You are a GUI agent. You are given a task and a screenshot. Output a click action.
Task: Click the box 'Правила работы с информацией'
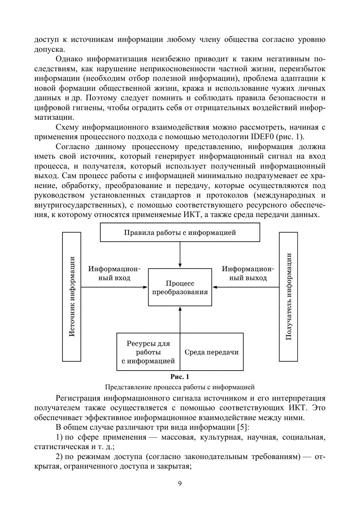[x=180, y=232]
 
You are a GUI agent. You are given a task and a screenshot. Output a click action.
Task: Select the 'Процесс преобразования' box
[x=180, y=287]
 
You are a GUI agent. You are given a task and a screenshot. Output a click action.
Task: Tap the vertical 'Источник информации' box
[x=72, y=296]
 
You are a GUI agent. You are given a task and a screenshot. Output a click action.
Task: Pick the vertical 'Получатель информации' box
[x=288, y=296]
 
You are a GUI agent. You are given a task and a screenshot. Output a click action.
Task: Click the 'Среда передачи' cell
[x=212, y=352]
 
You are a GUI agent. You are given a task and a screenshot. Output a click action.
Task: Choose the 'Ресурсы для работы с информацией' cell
[x=148, y=352]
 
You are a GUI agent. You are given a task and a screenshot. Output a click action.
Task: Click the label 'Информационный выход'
[x=248, y=274]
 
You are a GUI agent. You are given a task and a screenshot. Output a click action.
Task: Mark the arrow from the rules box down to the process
[x=180, y=255]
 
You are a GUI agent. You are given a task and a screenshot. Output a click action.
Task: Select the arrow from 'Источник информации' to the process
[x=114, y=287]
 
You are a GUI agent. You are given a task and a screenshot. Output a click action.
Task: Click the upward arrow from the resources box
[x=180, y=320]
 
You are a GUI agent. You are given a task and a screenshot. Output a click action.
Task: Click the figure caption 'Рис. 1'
[x=180, y=377]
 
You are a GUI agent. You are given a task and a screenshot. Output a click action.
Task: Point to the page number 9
[x=180, y=483]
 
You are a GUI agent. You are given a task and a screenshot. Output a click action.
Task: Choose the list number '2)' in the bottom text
[x=60, y=457]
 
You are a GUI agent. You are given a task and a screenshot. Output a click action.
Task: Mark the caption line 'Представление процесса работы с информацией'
[x=180, y=387]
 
